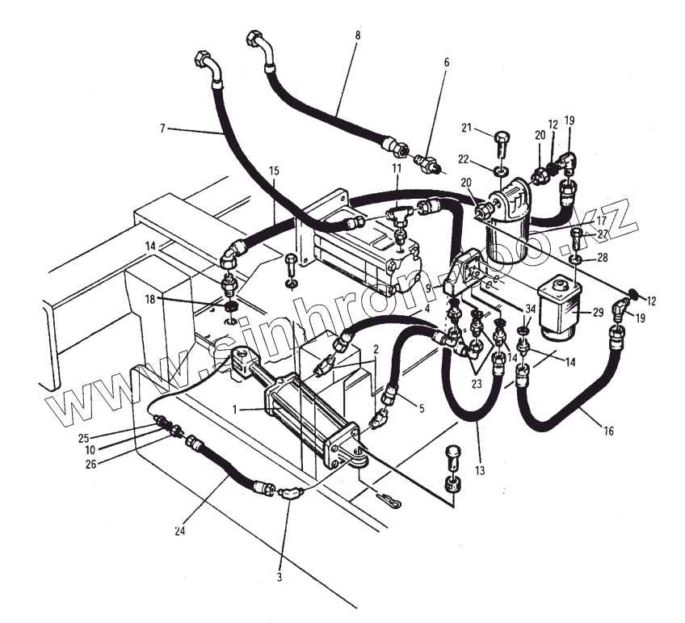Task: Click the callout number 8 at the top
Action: (x=358, y=36)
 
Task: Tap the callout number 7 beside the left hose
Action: (x=162, y=128)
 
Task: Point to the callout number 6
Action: (x=447, y=62)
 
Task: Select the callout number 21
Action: (x=467, y=128)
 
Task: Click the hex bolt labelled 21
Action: (x=501, y=144)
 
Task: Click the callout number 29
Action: (x=598, y=313)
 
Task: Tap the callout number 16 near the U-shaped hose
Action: (x=608, y=431)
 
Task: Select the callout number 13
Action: (x=480, y=470)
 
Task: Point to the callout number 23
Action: (x=476, y=384)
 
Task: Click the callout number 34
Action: (x=531, y=309)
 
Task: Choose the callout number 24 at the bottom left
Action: (x=180, y=531)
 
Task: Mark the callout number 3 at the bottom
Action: (x=279, y=577)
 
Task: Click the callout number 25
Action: (x=83, y=438)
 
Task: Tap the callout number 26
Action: (x=90, y=464)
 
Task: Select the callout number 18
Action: (x=150, y=300)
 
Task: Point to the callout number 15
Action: (x=274, y=170)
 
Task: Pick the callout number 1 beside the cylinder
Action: (x=234, y=410)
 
